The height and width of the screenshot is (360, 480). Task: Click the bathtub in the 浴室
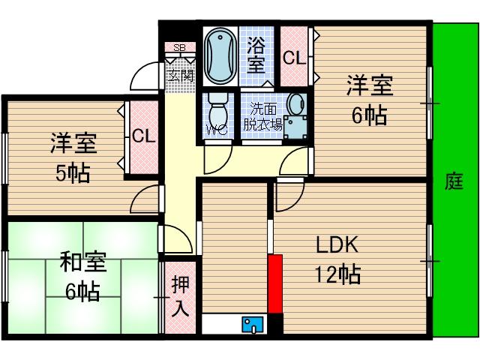[x=220, y=56]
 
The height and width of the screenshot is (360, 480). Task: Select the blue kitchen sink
[x=252, y=324]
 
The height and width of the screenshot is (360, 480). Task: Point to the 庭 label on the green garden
[x=454, y=181]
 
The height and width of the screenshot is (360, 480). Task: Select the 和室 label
[x=83, y=263]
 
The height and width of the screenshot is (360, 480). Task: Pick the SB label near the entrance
[x=179, y=48]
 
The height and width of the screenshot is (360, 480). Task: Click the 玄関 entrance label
[x=180, y=76]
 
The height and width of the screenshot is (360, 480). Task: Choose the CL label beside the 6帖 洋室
[x=293, y=58]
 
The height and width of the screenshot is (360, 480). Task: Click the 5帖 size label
[x=73, y=173]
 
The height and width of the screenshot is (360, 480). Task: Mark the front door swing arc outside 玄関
[x=145, y=77]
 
